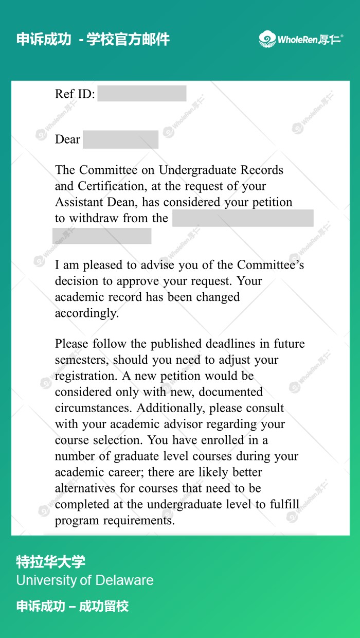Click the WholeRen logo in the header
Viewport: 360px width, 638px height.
(301, 39)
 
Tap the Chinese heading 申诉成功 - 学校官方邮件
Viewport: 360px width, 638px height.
(93, 39)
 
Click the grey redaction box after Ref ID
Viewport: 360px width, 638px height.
(142, 94)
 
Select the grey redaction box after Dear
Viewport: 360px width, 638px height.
(120, 139)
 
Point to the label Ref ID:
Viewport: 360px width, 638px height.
(75, 94)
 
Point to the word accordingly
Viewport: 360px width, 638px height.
(86, 313)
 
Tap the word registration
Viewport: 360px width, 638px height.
(85, 376)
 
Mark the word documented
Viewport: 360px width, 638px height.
(230, 392)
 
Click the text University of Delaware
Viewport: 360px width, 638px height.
(85, 580)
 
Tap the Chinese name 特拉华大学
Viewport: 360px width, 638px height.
(50, 562)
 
